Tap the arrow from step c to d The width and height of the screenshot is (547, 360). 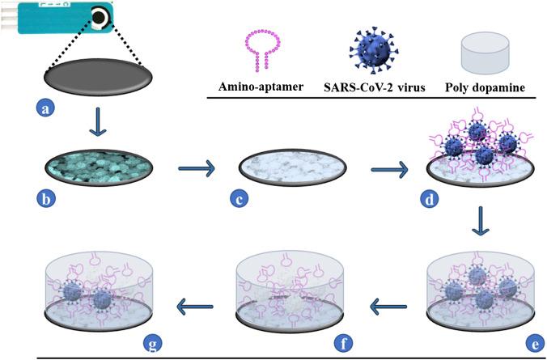[x=388, y=170]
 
